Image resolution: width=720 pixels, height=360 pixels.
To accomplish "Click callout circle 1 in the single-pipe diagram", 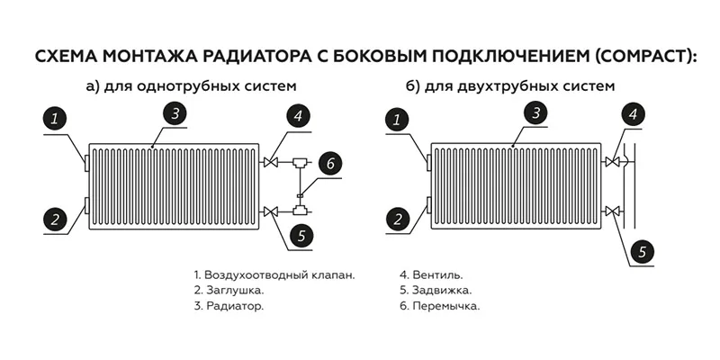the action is (x=55, y=120).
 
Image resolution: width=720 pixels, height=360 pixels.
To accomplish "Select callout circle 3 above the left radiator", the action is (x=175, y=113).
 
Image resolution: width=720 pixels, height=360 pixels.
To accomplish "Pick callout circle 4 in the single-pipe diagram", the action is (x=299, y=116).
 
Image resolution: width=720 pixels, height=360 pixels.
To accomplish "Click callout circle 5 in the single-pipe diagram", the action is (x=301, y=236).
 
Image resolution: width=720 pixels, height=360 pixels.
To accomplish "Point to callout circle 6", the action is (x=330, y=163).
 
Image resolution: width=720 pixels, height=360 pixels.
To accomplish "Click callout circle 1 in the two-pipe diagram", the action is (x=397, y=121).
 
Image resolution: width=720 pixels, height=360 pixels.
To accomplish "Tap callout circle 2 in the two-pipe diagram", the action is (x=398, y=219).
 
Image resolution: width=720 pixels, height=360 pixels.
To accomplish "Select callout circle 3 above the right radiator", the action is (x=535, y=113).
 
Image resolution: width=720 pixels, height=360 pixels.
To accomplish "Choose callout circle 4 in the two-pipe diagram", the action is (x=634, y=114).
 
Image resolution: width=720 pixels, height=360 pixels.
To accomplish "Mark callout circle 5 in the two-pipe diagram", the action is (x=643, y=251).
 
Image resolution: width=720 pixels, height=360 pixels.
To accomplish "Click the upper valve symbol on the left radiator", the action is (x=271, y=162).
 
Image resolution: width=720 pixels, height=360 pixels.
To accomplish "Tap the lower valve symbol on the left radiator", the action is (x=271, y=211).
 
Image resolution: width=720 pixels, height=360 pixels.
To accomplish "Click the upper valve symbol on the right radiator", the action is (x=612, y=162).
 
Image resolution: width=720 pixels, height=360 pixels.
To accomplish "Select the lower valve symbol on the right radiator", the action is (x=612, y=211).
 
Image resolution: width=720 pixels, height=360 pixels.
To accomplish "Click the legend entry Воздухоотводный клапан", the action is (x=274, y=275).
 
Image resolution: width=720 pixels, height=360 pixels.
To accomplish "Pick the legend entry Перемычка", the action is (x=439, y=306).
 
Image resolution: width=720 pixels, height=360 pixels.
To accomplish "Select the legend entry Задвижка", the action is (x=436, y=291).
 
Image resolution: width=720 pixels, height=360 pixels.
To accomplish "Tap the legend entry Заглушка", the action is (x=229, y=291).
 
